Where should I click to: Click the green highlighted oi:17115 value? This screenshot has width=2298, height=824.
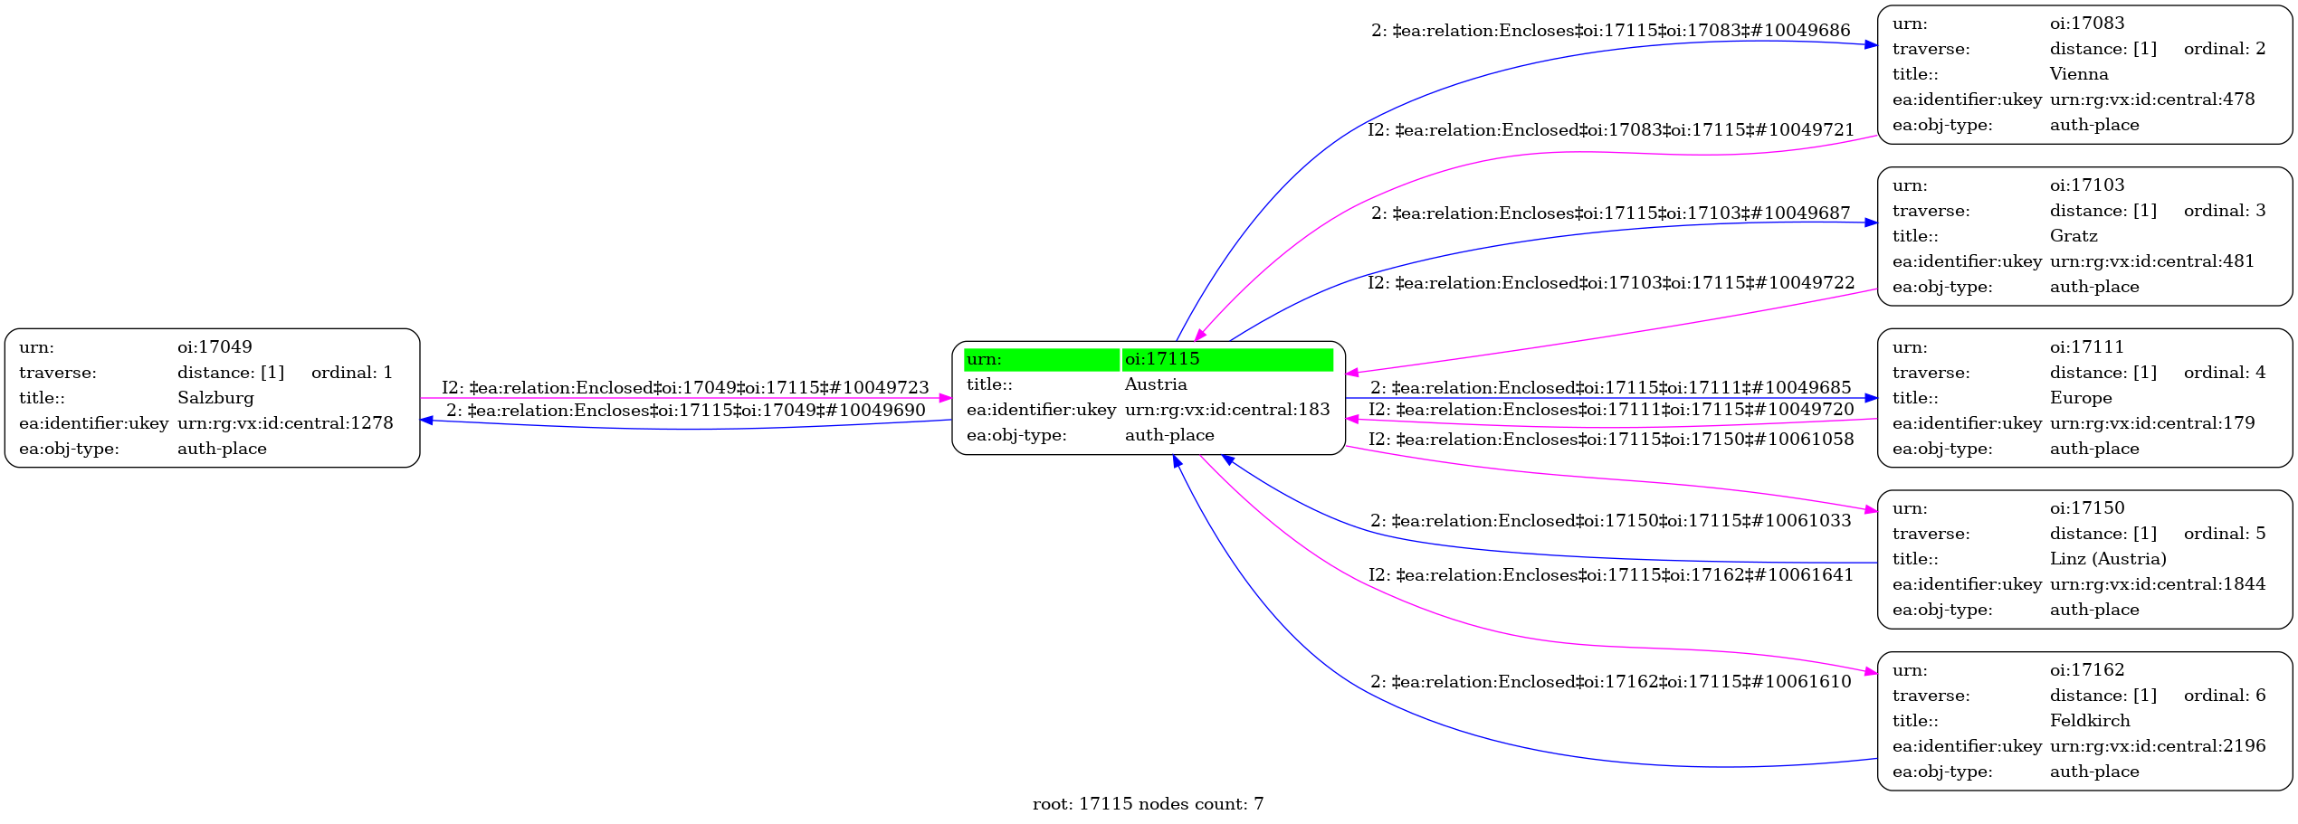point(1226,359)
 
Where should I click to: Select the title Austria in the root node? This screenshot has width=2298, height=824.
point(1156,384)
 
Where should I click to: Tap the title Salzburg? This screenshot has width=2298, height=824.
point(215,398)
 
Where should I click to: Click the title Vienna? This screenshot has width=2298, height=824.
point(2079,74)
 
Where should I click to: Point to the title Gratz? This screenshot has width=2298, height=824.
point(2074,236)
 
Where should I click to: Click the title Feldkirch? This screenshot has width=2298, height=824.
point(2090,721)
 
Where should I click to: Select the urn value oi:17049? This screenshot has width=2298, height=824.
point(215,347)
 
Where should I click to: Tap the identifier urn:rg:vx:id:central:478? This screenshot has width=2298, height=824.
point(2152,99)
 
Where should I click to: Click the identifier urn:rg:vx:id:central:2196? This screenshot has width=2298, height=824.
point(2158,746)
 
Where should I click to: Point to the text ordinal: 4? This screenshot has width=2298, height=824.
point(2225,373)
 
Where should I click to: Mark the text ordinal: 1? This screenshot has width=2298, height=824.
point(351,373)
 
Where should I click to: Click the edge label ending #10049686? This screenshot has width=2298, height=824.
point(1610,31)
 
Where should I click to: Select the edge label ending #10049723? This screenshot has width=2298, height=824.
point(685,388)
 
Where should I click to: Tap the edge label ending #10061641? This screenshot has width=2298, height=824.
point(1610,575)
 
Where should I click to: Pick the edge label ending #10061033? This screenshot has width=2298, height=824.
point(1610,521)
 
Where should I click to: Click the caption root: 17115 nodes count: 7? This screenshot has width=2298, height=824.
point(1148,804)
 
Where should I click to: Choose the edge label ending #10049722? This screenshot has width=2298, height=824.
point(1610,283)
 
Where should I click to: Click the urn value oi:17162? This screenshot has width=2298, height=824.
point(2087,670)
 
